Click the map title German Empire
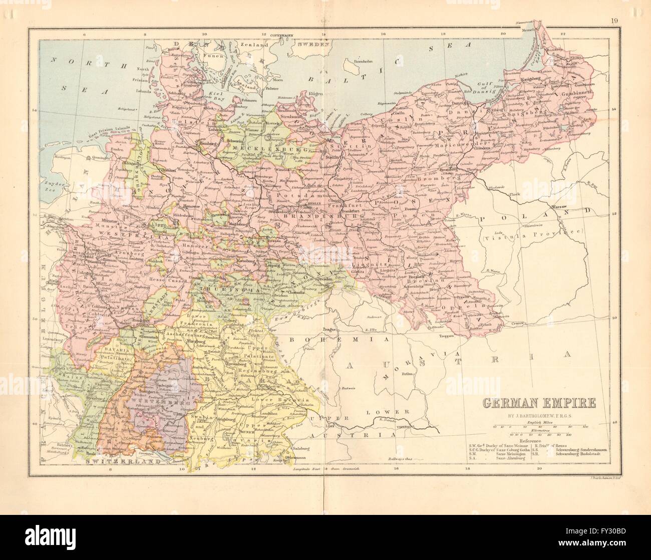coord(539,402)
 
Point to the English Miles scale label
coord(539,423)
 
